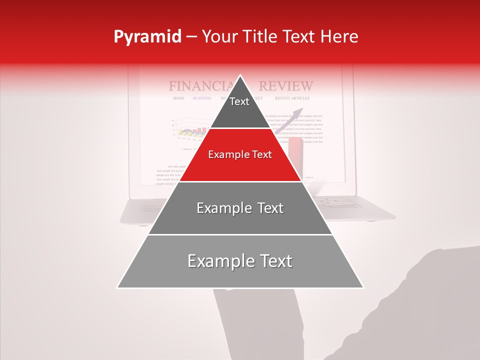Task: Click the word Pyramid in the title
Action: click(147, 37)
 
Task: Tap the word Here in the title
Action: click(339, 36)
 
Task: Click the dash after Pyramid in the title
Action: click(191, 37)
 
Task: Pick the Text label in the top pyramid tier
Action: click(239, 101)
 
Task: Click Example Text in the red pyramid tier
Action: click(240, 154)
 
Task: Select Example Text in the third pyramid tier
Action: click(240, 208)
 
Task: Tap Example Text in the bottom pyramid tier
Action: click(240, 261)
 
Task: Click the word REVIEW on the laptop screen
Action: click(286, 86)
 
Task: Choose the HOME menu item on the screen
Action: click(178, 98)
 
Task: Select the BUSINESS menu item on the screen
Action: click(202, 98)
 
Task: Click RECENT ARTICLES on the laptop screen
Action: click(292, 98)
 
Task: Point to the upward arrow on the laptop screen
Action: click(295, 117)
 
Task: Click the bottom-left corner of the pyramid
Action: click(118, 287)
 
